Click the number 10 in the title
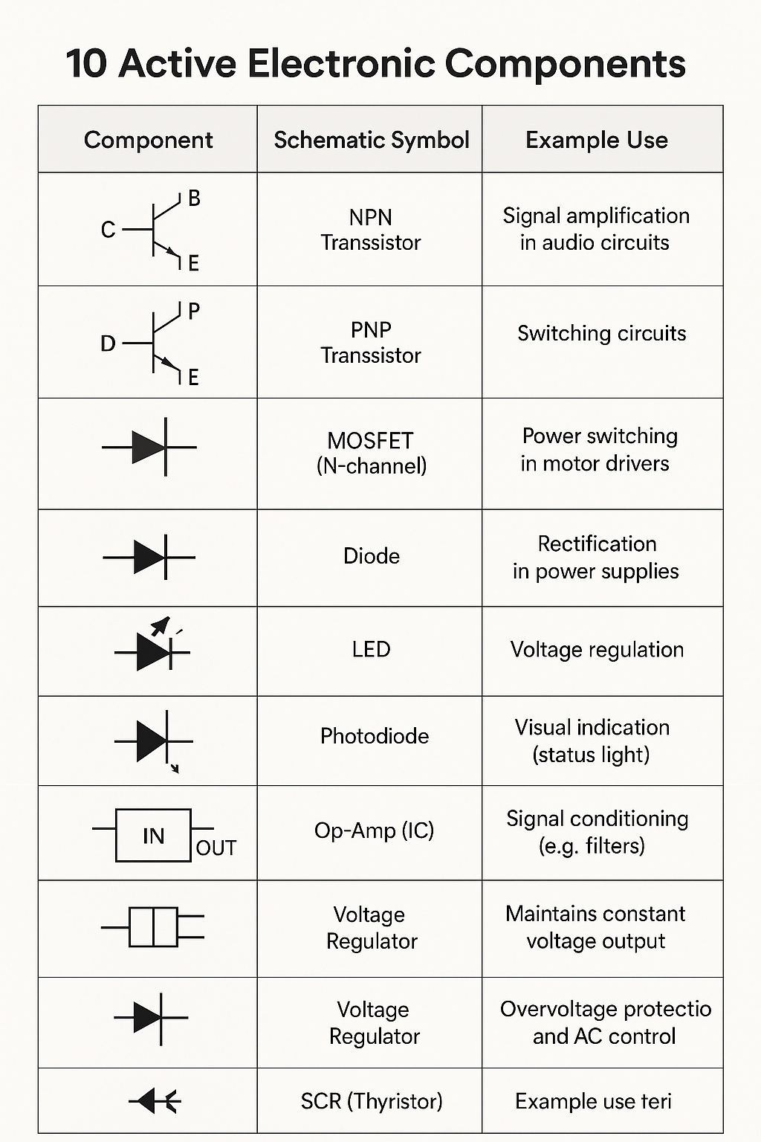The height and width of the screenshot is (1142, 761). tap(87, 63)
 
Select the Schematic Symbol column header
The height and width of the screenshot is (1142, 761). tap(371, 140)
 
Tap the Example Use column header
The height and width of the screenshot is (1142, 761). tap(596, 140)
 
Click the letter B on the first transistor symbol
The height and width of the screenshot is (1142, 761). tap(194, 199)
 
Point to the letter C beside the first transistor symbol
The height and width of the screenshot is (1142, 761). tap(109, 230)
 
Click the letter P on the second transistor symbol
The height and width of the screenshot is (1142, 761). tap(194, 312)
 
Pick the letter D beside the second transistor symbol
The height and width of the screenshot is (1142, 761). tap(109, 343)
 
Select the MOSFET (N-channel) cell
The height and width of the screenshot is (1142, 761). tap(371, 453)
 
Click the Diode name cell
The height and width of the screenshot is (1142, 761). tap(371, 556)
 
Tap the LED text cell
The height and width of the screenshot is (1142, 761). tap(371, 649)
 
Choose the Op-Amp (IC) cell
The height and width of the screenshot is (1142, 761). tap(374, 830)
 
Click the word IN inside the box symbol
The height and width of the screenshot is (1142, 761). tap(153, 836)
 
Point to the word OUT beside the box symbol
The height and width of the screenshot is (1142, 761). tap(216, 848)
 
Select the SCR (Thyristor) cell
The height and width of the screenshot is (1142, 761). tap(371, 1101)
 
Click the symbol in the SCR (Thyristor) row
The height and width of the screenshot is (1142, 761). tap(155, 1101)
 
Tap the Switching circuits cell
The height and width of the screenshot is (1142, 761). tap(601, 333)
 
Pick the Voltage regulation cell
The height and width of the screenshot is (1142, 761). tap(597, 650)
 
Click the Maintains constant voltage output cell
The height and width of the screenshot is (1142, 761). tap(595, 927)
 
